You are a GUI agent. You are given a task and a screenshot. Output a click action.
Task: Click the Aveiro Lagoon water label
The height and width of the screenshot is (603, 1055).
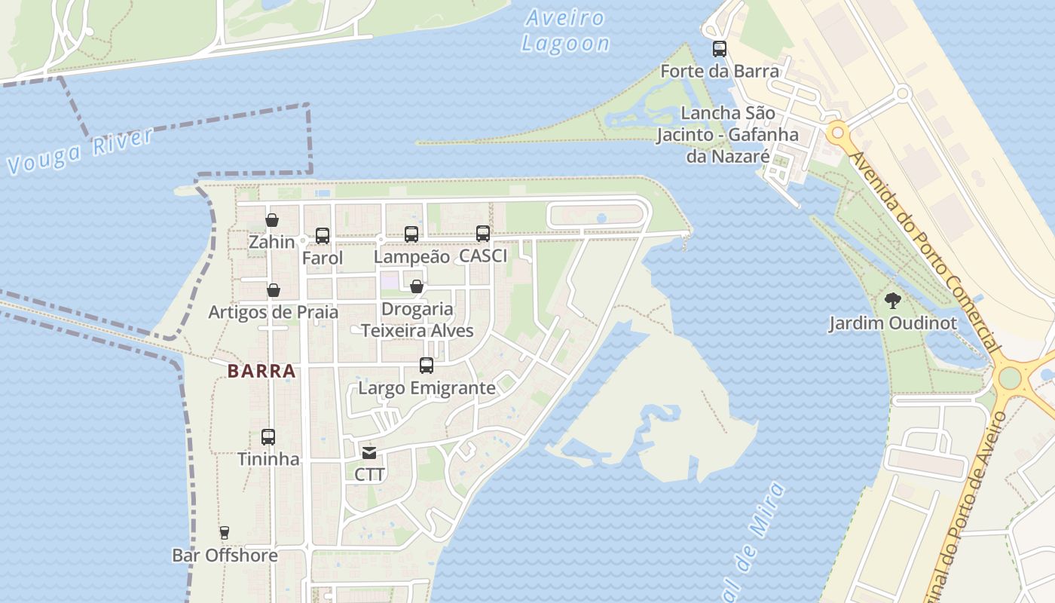pyautogui.click(x=565, y=31)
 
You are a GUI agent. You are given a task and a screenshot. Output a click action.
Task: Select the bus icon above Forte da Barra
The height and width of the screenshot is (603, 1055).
pyautogui.click(x=720, y=50)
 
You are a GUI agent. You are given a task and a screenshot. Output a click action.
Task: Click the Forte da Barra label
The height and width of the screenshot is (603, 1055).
pyautogui.click(x=720, y=72)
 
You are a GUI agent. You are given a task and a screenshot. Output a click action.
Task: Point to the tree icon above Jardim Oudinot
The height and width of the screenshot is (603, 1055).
pyautogui.click(x=893, y=301)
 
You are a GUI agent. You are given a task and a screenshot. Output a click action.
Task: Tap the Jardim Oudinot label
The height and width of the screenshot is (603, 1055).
pyautogui.click(x=893, y=323)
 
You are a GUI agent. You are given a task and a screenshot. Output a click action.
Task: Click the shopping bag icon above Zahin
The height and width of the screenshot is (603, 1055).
pyautogui.click(x=272, y=220)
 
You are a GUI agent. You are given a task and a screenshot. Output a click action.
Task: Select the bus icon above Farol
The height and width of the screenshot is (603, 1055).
pyautogui.click(x=323, y=236)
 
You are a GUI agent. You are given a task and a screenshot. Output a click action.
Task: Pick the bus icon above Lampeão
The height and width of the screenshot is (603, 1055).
pyautogui.click(x=411, y=234)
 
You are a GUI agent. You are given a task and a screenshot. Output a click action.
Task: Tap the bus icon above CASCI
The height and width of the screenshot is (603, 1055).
pyautogui.click(x=483, y=234)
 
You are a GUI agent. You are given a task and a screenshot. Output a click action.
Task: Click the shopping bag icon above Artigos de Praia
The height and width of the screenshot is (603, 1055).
pyautogui.click(x=274, y=290)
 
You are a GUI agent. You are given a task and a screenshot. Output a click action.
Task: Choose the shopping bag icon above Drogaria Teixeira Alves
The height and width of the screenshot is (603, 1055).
pyautogui.click(x=416, y=286)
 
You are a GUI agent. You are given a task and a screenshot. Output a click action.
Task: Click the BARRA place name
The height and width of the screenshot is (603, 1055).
pyautogui.click(x=261, y=371)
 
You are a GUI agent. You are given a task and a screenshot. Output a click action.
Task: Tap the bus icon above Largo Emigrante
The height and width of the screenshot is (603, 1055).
pyautogui.click(x=427, y=366)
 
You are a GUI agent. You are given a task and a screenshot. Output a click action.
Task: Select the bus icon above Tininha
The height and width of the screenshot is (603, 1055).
pyautogui.click(x=268, y=437)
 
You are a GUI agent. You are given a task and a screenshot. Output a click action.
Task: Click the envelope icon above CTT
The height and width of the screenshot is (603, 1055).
pyautogui.click(x=369, y=453)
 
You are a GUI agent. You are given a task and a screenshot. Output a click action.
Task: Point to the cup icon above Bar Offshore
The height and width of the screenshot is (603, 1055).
pyautogui.click(x=225, y=533)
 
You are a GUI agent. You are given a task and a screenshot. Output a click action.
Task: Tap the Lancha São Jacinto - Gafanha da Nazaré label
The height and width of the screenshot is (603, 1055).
pyautogui.click(x=727, y=135)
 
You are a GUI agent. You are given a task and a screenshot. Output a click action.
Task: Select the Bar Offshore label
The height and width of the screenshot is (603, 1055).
pyautogui.click(x=225, y=556)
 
